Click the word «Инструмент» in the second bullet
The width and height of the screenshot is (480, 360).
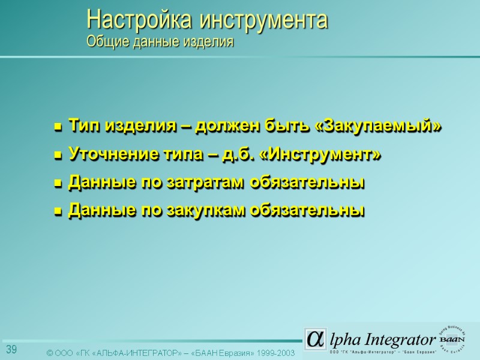[x=322, y=155]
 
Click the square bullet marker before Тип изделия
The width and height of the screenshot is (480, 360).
[x=58, y=128]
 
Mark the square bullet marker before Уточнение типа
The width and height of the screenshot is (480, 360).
[x=58, y=156]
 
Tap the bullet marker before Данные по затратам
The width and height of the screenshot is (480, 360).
[x=58, y=184]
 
